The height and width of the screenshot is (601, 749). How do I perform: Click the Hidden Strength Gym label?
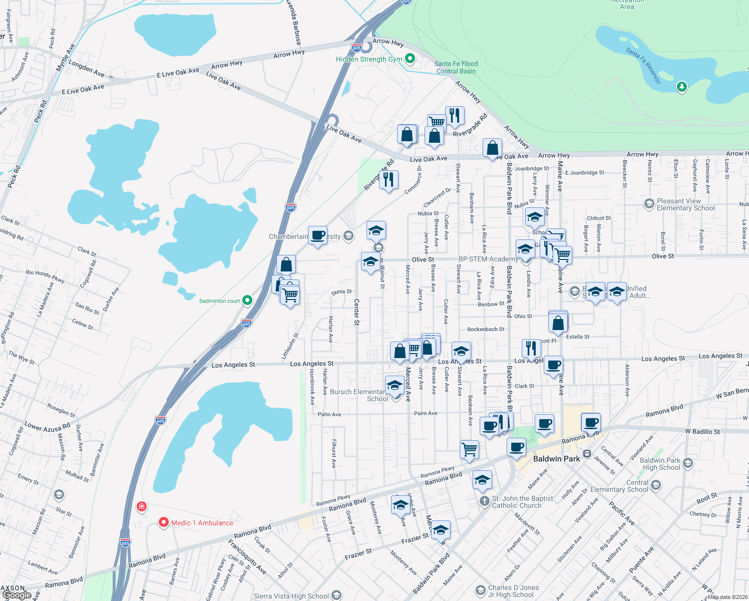point(369,59)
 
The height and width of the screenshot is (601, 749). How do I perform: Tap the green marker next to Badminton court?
point(247,300)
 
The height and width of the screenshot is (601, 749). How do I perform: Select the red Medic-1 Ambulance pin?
point(163,523)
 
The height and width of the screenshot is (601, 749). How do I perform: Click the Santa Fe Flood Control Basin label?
point(456,67)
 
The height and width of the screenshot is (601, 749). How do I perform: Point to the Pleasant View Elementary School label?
point(685,204)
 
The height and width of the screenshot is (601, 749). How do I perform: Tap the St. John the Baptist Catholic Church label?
point(522,502)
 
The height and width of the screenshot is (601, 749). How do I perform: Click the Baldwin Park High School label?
point(660,464)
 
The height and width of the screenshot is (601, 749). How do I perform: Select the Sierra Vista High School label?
point(291,596)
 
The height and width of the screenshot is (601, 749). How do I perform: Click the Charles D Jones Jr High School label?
point(513,591)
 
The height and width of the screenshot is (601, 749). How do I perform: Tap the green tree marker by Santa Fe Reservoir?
point(681,87)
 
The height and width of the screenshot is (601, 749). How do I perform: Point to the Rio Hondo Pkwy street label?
point(45,276)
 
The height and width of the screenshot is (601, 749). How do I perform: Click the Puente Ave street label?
point(641,559)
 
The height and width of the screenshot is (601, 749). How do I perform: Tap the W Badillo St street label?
point(702,431)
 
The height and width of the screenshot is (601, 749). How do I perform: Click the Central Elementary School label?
point(619,486)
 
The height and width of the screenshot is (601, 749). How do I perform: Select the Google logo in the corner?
point(17,595)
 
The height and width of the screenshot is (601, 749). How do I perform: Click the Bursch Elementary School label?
point(358,395)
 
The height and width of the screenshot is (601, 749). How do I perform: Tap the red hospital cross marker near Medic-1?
point(142,507)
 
